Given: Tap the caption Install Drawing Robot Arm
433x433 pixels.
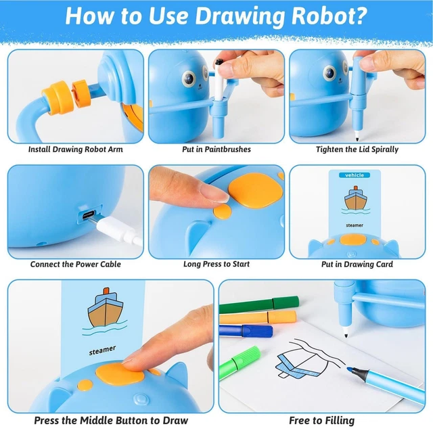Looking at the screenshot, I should click(x=75, y=150).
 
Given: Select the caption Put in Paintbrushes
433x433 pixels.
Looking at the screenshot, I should click(x=216, y=150).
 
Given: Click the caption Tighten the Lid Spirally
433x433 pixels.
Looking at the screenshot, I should click(x=357, y=150).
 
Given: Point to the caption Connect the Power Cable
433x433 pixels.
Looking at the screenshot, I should click(x=75, y=265).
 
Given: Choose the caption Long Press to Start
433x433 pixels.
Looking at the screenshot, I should click(x=216, y=265).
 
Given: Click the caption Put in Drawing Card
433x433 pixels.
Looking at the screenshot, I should click(x=357, y=265).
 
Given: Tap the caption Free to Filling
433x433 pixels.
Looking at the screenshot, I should click(x=321, y=420).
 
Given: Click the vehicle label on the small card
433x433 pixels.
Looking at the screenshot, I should click(x=355, y=175).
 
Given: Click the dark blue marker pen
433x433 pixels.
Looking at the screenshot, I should click(x=247, y=331).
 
